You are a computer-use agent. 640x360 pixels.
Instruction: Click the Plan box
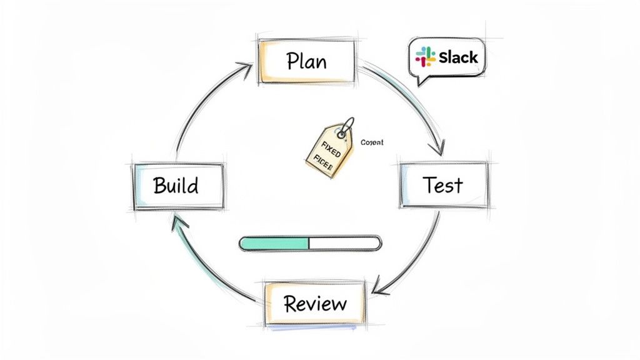[x=307, y=61]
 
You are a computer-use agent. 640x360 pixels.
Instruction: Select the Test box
[x=443, y=185]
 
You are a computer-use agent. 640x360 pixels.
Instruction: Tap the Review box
[x=314, y=304]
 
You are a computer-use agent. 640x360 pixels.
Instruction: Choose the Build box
[x=177, y=186]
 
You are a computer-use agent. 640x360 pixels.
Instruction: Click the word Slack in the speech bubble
[x=458, y=57]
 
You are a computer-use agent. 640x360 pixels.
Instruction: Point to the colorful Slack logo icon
[x=426, y=57]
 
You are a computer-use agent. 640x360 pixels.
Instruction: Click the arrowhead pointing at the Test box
[x=438, y=149]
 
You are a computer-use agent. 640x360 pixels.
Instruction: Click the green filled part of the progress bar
[x=274, y=244]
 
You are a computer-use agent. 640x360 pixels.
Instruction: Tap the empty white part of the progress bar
[x=344, y=244]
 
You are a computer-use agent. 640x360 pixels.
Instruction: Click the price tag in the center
[x=328, y=149]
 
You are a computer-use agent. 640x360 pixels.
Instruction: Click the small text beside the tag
[x=372, y=143]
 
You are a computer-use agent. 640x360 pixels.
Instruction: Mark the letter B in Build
[x=158, y=186]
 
